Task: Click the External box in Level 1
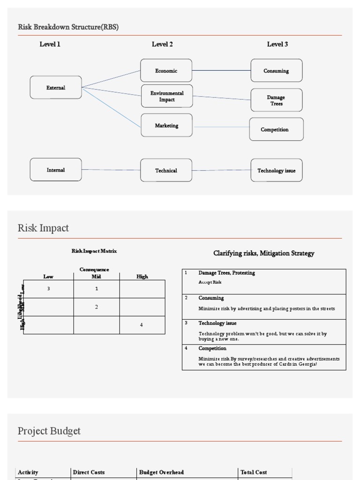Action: coord(56,88)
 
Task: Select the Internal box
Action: coord(56,170)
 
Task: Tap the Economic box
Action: coord(166,71)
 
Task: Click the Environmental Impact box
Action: coord(167,96)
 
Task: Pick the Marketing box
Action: coord(166,126)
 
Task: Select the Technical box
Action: coord(166,170)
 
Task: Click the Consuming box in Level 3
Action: coord(276,71)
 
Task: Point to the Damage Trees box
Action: coord(276,100)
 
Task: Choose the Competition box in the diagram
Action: coord(276,129)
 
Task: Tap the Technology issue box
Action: coord(276,171)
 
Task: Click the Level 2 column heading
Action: coord(162,45)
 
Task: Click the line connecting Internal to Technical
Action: coord(111,170)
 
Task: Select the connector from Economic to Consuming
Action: coord(221,70)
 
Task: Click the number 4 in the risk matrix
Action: coord(142,325)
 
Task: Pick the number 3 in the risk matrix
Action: coord(48,289)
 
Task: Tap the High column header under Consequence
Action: coord(142,277)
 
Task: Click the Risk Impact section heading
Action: coord(43,228)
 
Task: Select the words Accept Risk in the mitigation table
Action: coord(210,282)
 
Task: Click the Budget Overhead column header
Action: coord(161,472)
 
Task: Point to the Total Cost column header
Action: coord(254,472)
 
